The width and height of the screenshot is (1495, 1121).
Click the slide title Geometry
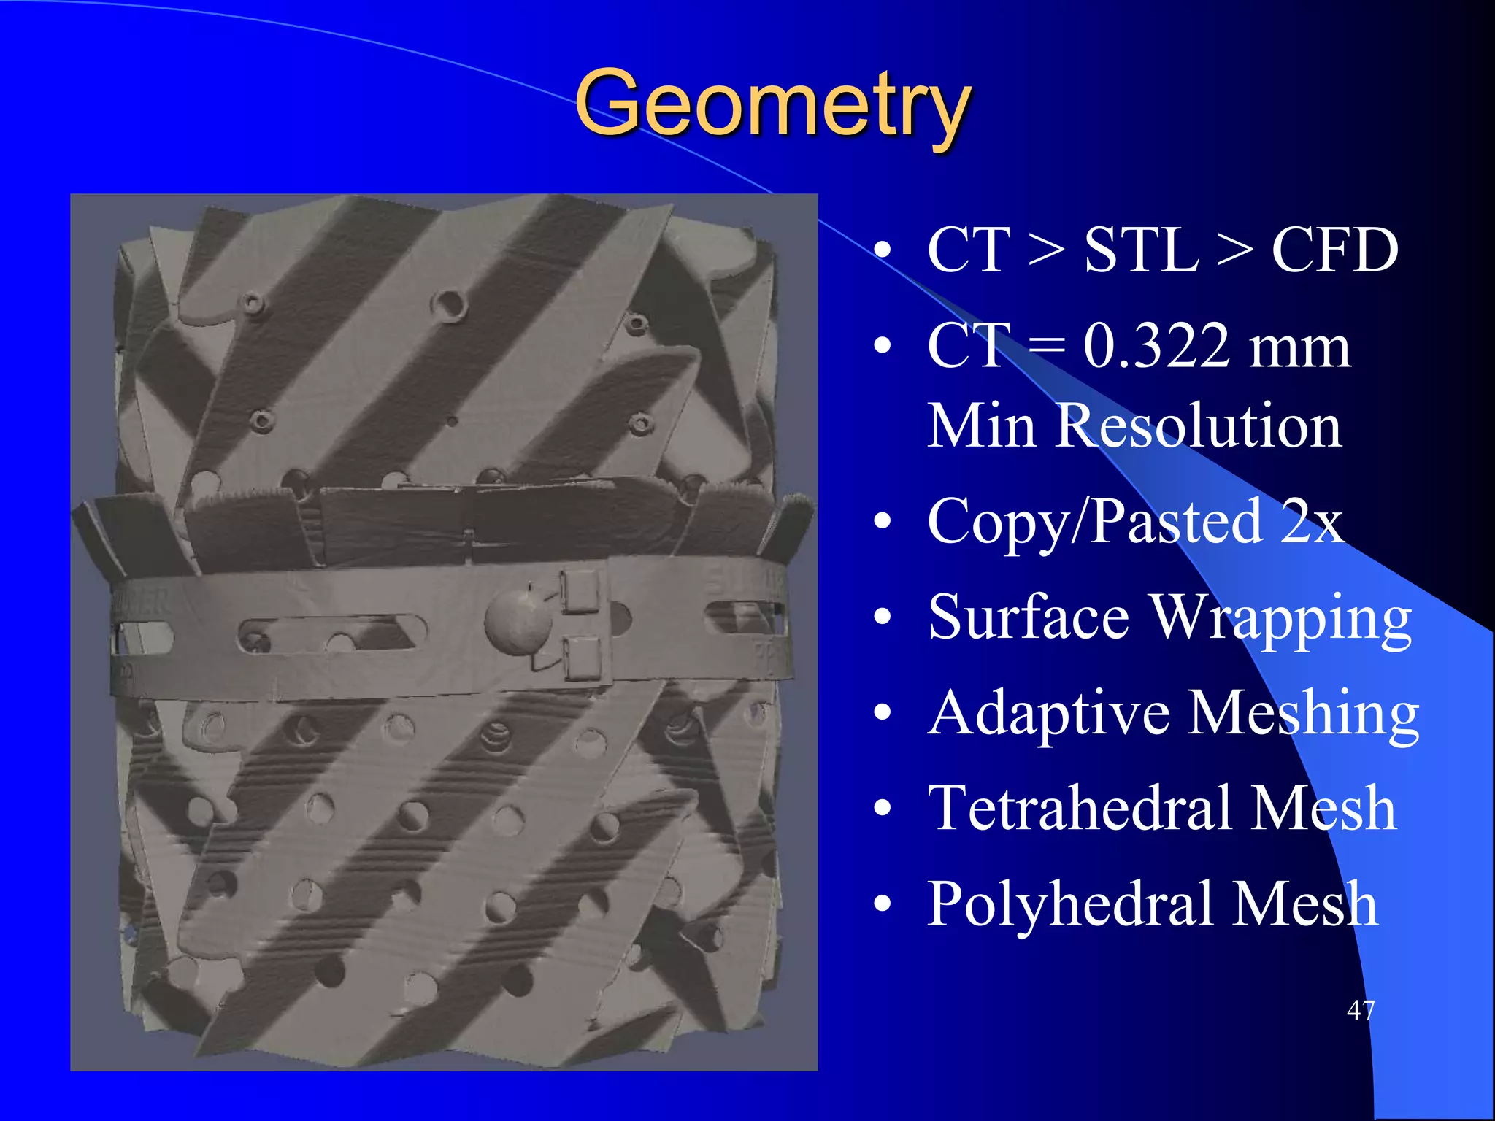click(x=772, y=104)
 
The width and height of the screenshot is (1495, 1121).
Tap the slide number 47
click(x=1361, y=1010)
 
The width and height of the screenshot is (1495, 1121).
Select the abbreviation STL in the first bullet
click(x=1141, y=250)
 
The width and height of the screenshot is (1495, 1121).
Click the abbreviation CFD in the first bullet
click(x=1334, y=250)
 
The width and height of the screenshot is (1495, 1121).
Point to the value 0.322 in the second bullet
click(x=1156, y=346)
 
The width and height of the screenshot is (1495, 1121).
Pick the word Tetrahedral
click(x=1080, y=809)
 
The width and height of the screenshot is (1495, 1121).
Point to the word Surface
click(x=1029, y=617)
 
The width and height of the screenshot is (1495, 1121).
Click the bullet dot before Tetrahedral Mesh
click(x=883, y=809)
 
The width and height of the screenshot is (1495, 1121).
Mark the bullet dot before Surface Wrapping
click(x=883, y=617)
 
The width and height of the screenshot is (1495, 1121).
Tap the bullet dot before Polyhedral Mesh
click(x=883, y=904)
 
